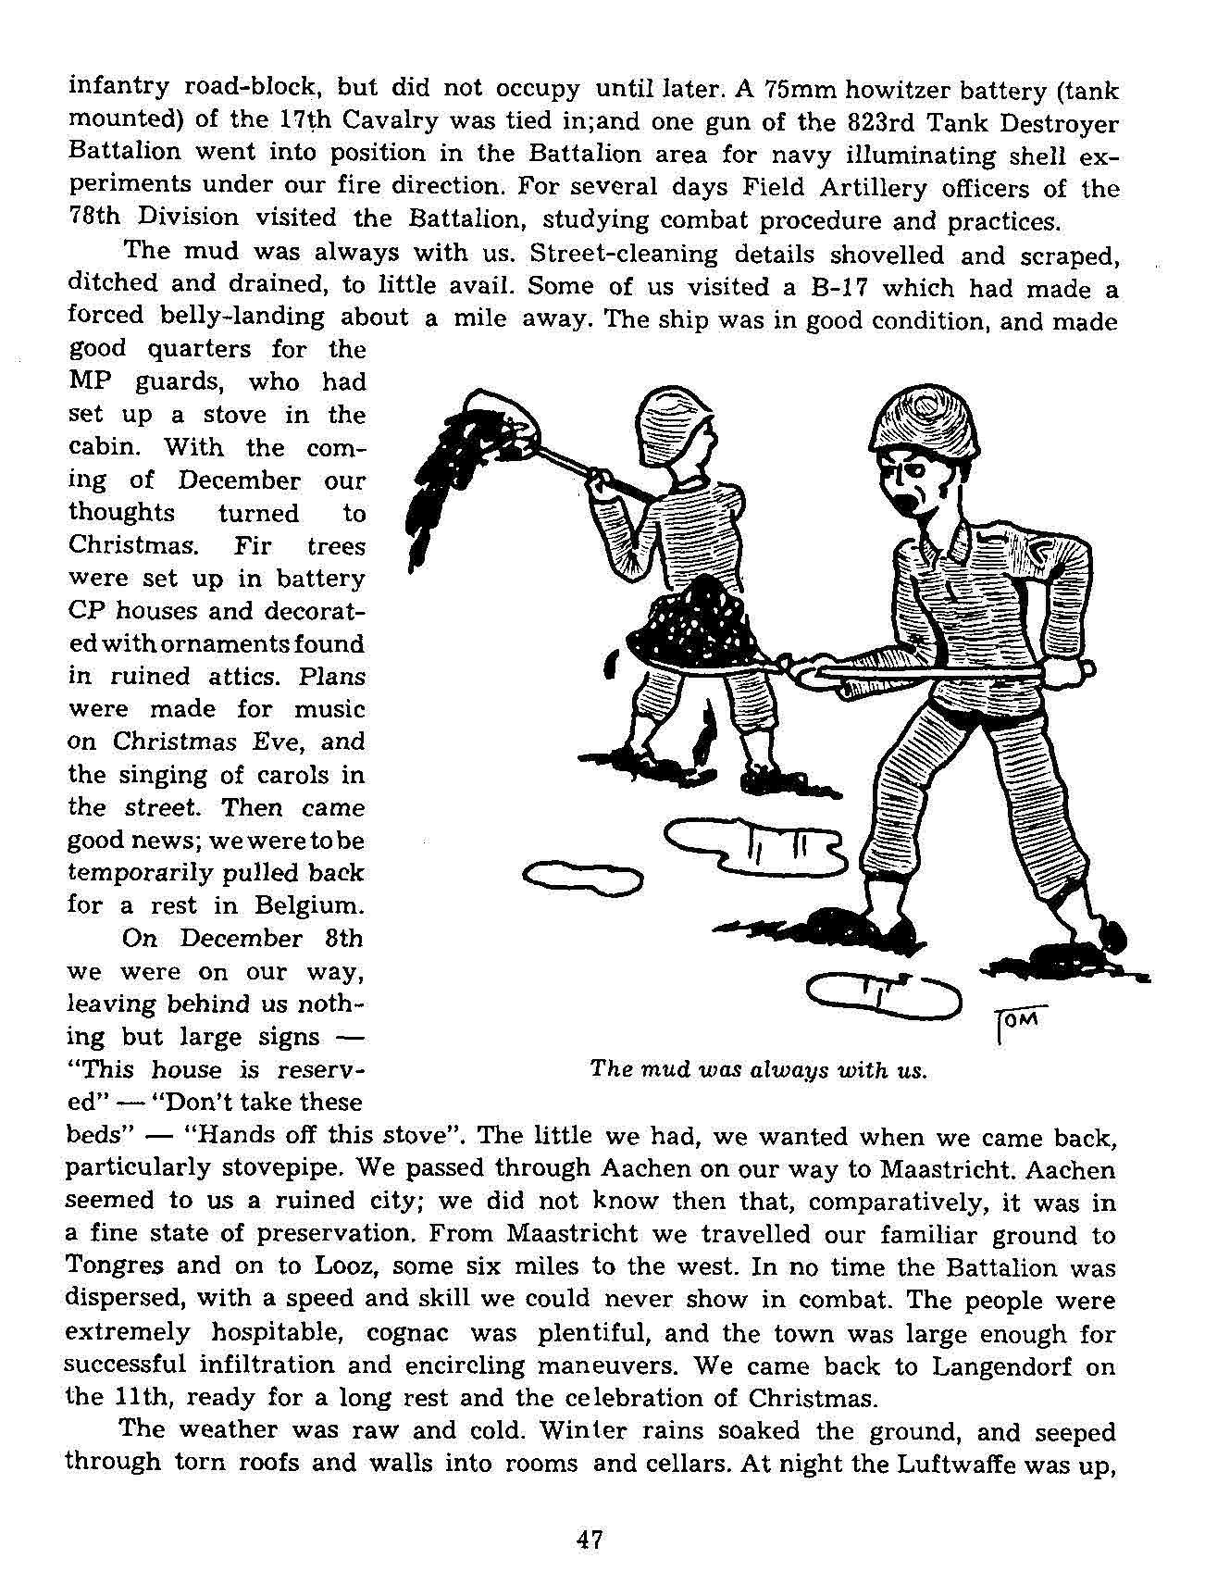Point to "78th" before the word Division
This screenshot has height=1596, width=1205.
[x=89, y=218]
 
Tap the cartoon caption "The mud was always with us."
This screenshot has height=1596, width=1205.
[x=758, y=1070]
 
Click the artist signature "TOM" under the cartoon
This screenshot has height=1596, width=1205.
[x=1020, y=1020]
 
